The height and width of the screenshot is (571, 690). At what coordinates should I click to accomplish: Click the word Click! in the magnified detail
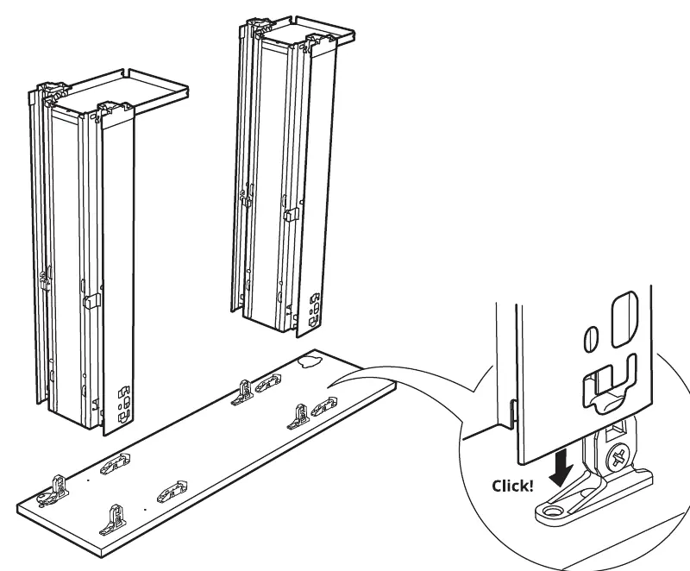512,486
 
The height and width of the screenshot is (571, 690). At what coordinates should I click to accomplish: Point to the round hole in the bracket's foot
550,511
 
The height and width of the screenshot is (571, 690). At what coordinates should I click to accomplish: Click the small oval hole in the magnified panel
590,338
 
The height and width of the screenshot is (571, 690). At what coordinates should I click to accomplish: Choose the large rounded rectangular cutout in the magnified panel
624,318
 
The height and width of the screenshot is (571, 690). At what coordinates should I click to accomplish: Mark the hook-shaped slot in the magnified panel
610,382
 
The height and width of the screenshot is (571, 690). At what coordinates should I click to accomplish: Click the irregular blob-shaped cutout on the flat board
310,361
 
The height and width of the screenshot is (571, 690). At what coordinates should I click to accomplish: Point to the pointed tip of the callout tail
328,387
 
